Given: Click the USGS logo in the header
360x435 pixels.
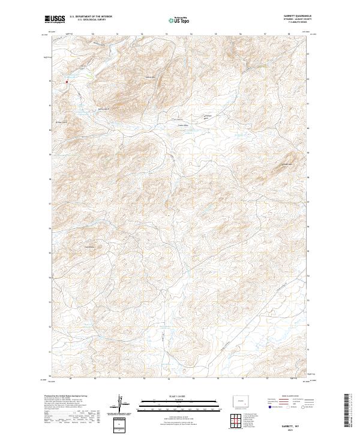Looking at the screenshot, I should [53, 20].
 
